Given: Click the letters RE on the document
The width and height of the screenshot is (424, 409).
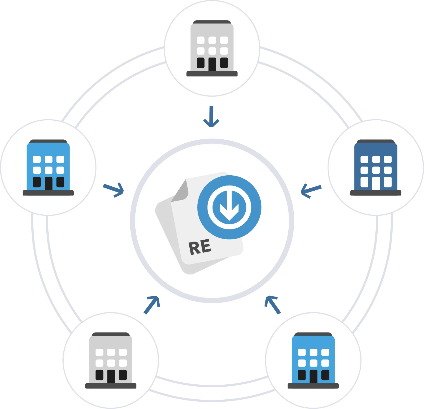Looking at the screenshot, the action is pyautogui.click(x=200, y=247).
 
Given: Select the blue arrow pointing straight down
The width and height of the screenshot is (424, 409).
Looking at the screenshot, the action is pyautogui.click(x=211, y=117).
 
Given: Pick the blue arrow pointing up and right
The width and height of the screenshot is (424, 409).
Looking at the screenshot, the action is pyautogui.click(x=152, y=305).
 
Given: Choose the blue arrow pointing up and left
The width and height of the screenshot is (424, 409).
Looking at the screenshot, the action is pyautogui.click(x=272, y=305).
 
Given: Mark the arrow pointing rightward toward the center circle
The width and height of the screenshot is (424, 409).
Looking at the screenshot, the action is pyautogui.click(x=113, y=190).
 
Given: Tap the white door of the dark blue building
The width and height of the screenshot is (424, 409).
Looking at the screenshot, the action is pyautogui.click(x=376, y=183).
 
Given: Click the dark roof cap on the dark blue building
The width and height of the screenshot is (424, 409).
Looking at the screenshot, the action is pyautogui.click(x=376, y=141).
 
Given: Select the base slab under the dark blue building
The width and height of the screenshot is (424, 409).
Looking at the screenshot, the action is pyautogui.click(x=376, y=193).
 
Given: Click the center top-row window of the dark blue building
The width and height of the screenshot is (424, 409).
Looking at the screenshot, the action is pyautogui.click(x=376, y=159).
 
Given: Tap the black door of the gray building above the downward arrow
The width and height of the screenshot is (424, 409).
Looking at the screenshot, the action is pyautogui.click(x=212, y=64).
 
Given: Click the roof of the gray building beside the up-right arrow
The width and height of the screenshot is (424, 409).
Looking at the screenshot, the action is pyautogui.click(x=111, y=335).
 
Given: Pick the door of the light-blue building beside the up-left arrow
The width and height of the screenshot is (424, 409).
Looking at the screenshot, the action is pyautogui.click(x=313, y=376).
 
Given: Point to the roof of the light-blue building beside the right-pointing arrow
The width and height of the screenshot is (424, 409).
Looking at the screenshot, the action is pyautogui.click(x=48, y=141).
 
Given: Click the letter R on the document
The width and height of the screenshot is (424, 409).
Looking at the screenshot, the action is pyautogui.click(x=194, y=248).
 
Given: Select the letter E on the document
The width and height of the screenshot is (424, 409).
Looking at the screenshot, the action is pyautogui.click(x=206, y=246).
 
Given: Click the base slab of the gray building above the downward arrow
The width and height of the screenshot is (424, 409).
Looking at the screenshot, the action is pyautogui.click(x=212, y=74).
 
